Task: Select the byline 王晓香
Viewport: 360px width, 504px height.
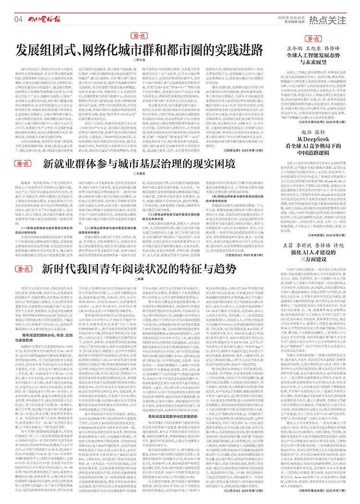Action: point(139,173)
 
